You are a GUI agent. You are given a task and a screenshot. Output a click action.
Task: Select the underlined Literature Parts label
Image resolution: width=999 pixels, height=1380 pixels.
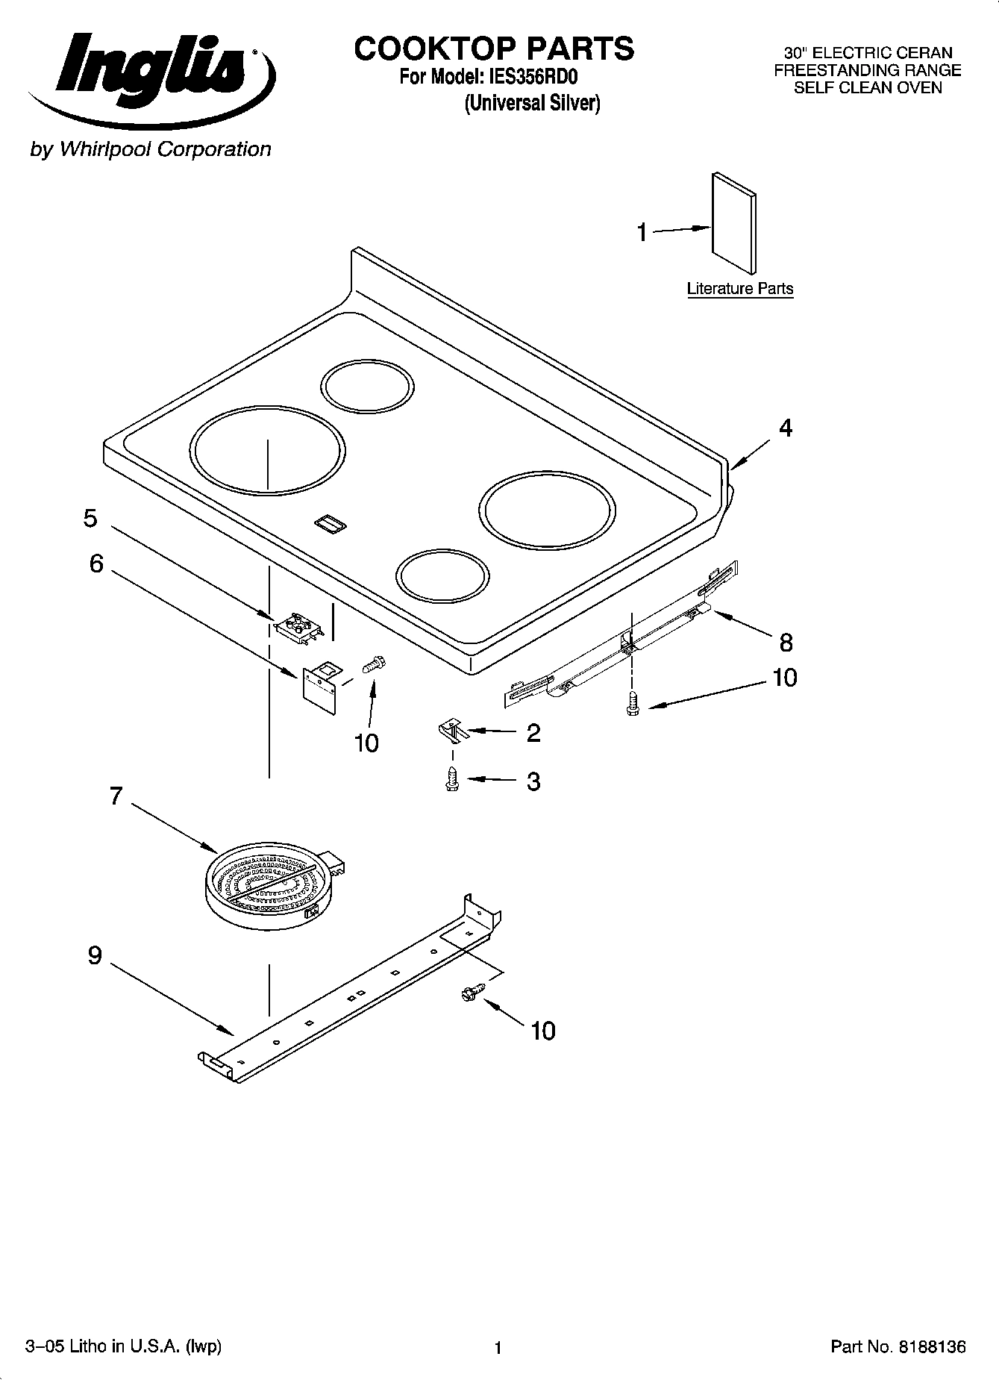coord(739,289)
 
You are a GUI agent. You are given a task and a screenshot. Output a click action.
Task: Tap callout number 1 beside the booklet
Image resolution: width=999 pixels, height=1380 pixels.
coord(642,233)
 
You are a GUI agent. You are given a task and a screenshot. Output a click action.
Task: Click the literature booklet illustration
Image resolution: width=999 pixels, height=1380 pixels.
coord(733,224)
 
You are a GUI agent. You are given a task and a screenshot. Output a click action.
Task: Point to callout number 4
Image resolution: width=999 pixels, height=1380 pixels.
coord(785,428)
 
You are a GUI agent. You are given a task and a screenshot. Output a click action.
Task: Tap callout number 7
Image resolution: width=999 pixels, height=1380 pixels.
coord(116,797)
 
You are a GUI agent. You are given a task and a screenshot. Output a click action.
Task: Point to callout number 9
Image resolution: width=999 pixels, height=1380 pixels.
coord(95,955)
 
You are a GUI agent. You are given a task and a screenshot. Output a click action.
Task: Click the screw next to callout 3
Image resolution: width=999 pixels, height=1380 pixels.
coord(451,781)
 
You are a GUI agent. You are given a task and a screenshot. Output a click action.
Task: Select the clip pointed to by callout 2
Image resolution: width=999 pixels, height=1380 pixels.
coord(452,731)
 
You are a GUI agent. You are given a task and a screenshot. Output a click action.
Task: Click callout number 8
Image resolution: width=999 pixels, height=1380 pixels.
coord(786,643)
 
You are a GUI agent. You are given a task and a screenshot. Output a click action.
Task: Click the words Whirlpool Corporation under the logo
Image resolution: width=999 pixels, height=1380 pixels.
coord(165,149)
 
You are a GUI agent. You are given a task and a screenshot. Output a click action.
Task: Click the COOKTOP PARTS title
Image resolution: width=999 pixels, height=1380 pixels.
coord(494,49)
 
